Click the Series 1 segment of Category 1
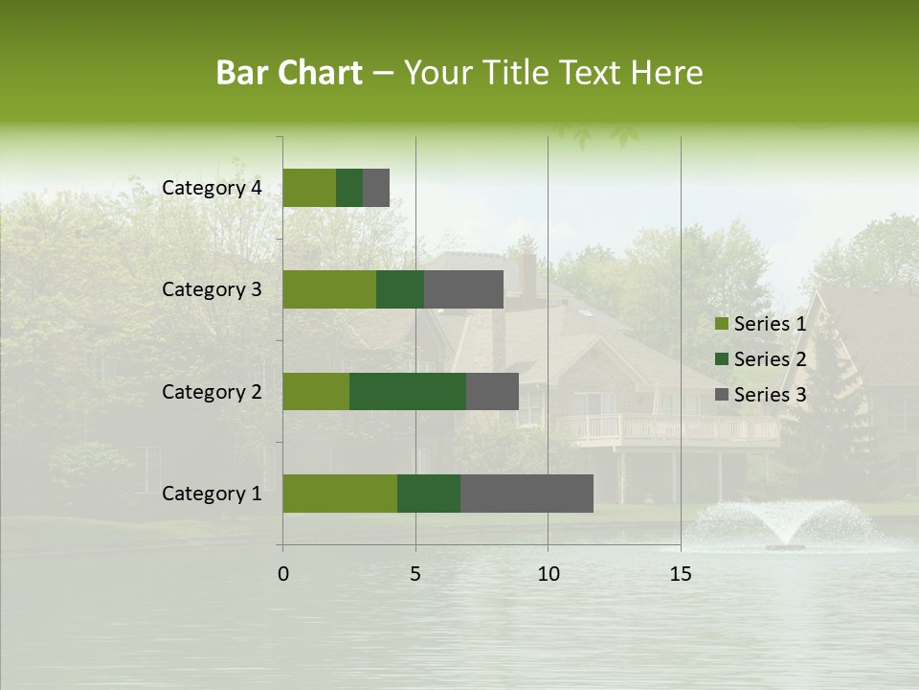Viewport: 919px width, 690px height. click(x=340, y=494)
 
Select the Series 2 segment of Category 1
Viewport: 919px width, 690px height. click(x=429, y=494)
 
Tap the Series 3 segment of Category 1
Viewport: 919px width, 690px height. click(x=527, y=494)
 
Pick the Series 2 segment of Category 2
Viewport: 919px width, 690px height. click(x=408, y=391)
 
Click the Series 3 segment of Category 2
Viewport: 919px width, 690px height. click(x=492, y=391)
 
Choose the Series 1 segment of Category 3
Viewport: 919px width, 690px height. click(x=329, y=289)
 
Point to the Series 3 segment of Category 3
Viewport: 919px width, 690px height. click(x=463, y=289)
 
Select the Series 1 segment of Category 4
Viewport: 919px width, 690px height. click(x=309, y=188)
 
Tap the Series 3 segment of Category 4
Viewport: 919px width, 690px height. click(x=376, y=188)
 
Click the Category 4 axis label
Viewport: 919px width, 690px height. click(x=212, y=188)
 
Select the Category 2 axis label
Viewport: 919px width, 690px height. click(x=212, y=392)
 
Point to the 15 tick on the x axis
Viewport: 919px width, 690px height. click(x=680, y=574)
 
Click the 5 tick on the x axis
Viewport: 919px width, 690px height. click(x=415, y=574)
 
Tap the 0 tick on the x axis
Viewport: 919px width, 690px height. click(x=283, y=574)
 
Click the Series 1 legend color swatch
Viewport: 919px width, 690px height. click(x=721, y=324)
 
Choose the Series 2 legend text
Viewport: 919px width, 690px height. click(x=770, y=359)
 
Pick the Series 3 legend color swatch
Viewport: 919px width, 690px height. click(x=721, y=395)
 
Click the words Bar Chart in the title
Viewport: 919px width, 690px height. click(x=289, y=73)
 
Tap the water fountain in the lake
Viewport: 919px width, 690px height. click(x=785, y=525)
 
